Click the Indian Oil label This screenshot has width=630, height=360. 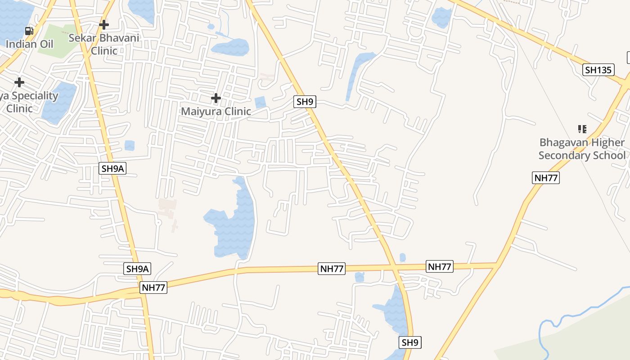29,44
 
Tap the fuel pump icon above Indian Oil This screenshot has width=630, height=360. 29,31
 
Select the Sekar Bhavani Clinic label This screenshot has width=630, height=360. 104,44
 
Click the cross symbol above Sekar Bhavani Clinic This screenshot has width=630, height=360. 104,24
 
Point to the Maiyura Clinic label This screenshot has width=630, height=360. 216,111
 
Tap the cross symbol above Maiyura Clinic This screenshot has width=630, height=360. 216,98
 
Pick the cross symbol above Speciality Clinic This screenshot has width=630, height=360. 19,82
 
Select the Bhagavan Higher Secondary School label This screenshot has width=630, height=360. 582,149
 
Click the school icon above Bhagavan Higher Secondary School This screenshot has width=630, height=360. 582,129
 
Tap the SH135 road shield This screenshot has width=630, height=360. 598,70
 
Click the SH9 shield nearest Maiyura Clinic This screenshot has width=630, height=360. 305,102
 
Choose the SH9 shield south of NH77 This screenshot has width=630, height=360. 410,342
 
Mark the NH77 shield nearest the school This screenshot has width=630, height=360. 546,178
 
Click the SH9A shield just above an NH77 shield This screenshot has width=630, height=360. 137,269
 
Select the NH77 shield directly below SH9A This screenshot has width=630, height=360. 153,288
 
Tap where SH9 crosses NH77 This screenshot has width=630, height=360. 393,266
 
